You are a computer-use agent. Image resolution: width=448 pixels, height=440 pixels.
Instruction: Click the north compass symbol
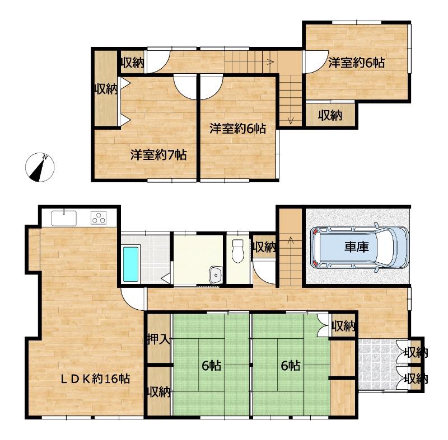pos(40,167)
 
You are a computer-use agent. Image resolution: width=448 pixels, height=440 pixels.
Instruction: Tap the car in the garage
pos(360,247)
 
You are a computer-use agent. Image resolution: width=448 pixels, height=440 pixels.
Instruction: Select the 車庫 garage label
pos(357,247)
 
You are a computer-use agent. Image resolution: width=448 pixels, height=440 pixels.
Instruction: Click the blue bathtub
pos(130,264)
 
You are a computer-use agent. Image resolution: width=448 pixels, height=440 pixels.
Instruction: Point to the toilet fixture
pos(237,251)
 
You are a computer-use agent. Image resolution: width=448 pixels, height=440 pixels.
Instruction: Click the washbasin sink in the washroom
pos(216,275)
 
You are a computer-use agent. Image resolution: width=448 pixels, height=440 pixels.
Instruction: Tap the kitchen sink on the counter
pos(64,219)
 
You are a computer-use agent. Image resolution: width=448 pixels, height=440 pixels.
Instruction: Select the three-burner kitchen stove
pos(99,218)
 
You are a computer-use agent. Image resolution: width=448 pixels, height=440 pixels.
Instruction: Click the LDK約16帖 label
pos(95,379)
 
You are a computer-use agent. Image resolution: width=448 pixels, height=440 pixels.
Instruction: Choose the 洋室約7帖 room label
pos(158,155)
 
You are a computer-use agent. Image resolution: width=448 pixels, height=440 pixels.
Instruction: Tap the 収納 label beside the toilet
pos(264,247)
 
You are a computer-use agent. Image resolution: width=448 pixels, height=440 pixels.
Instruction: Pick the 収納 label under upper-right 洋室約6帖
pos(330,116)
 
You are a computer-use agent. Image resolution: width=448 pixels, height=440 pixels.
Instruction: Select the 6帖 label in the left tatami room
pos(212,365)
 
